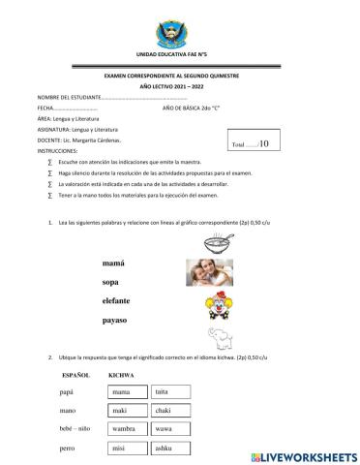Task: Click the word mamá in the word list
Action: click(115, 263)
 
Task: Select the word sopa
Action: click(113, 282)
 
